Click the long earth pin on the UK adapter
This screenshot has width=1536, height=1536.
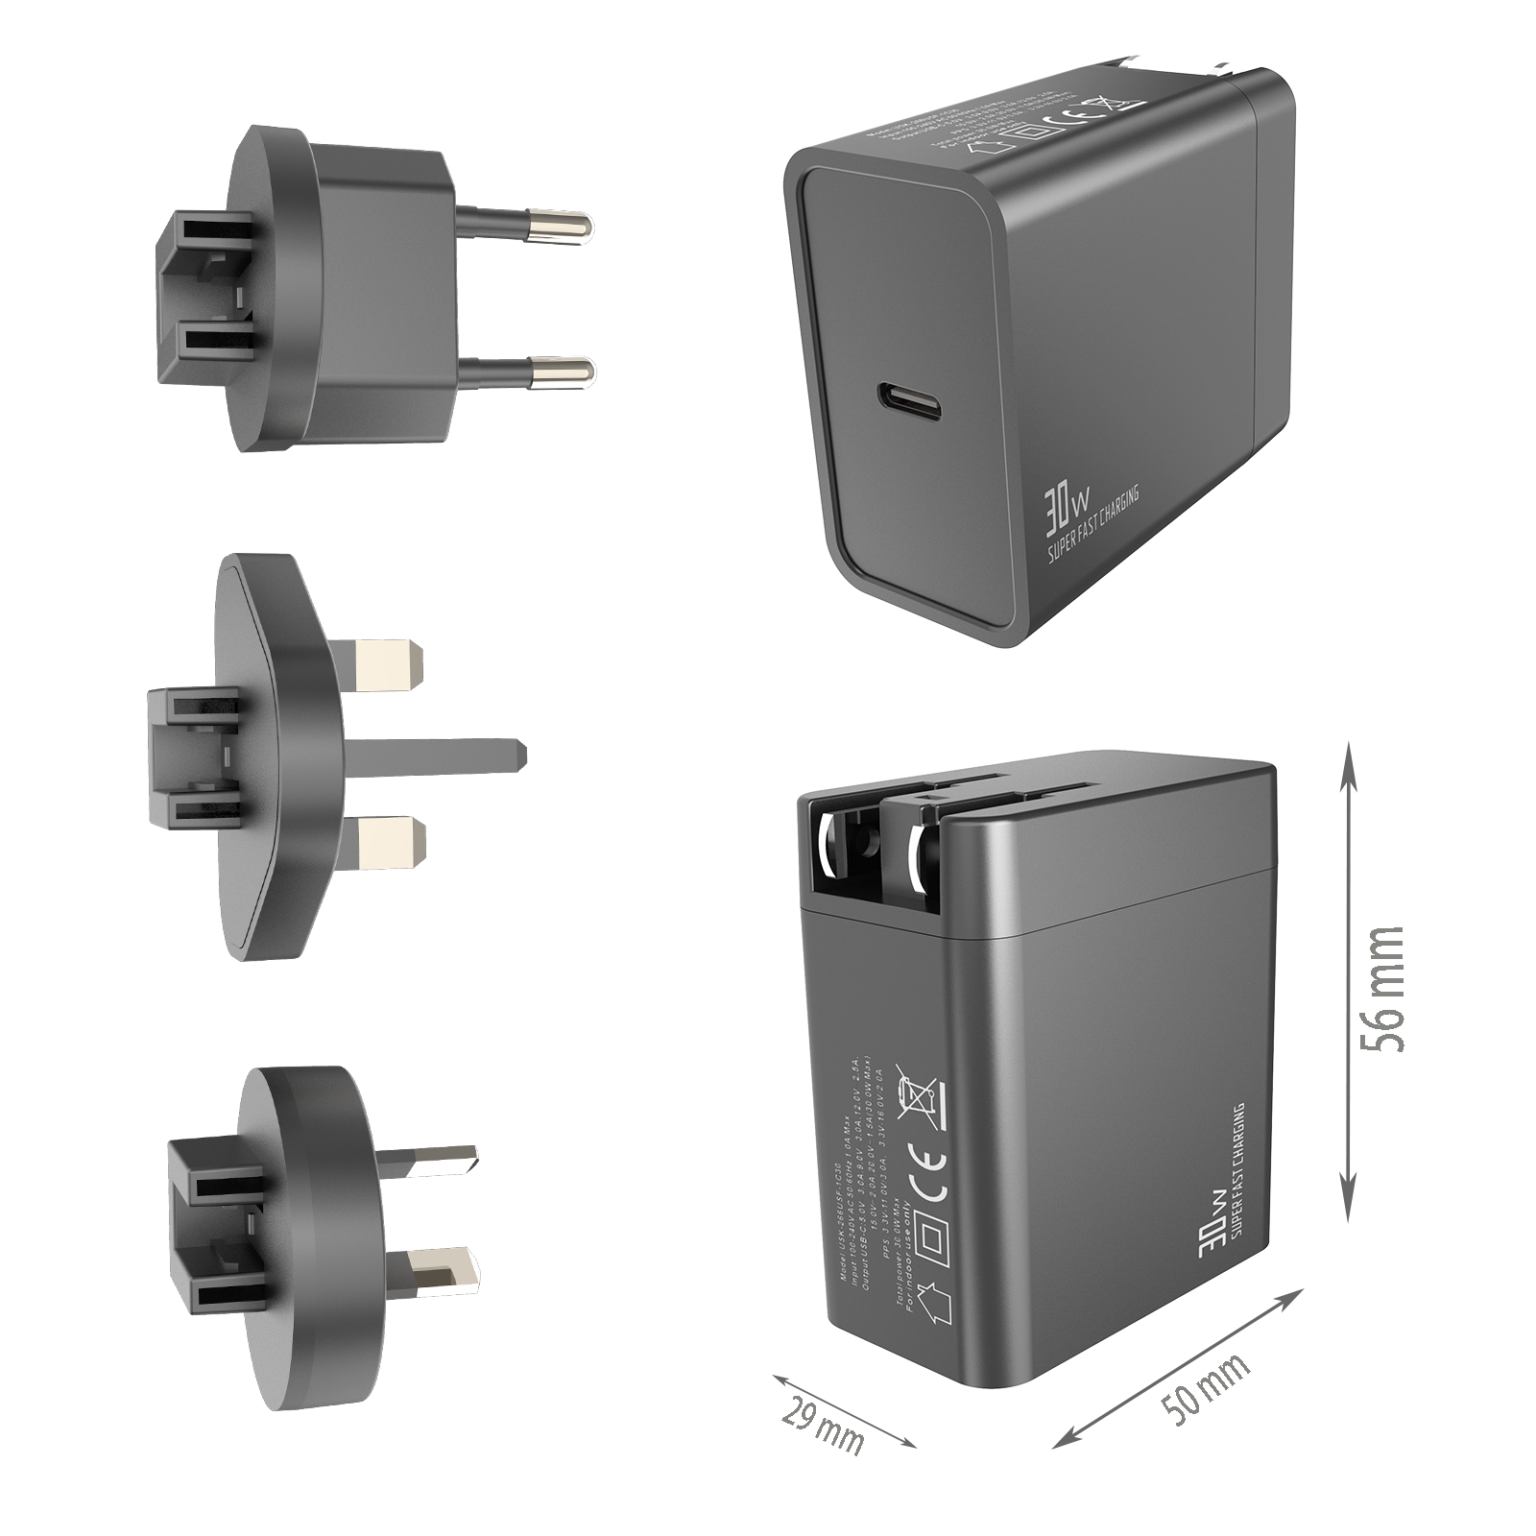pyautogui.click(x=432, y=753)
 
